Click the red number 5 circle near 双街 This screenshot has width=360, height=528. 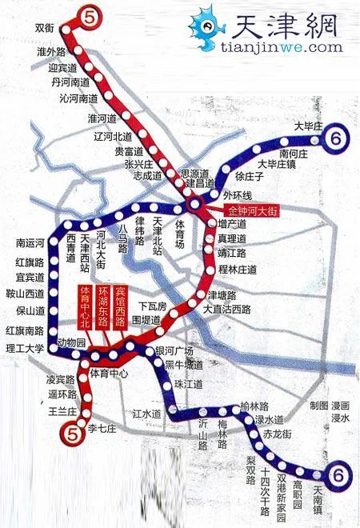[x=90, y=14]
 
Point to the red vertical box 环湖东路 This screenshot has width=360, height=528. [x=102, y=305]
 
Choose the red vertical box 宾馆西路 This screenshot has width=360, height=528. [x=120, y=305]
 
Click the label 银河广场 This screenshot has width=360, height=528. [x=175, y=351]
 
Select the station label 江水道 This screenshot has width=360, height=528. [x=147, y=414]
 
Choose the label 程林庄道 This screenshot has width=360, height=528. [x=237, y=270]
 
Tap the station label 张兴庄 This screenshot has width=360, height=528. [x=138, y=163]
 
